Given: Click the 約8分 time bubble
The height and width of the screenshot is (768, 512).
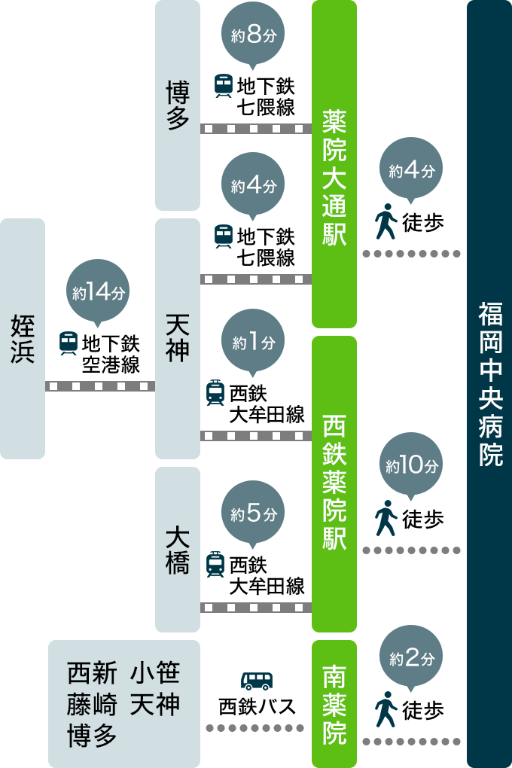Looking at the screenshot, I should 253,36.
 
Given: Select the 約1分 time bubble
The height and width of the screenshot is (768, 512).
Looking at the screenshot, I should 253,343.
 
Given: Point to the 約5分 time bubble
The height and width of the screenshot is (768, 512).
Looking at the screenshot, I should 253,514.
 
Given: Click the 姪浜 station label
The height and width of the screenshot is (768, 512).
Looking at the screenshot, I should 23,339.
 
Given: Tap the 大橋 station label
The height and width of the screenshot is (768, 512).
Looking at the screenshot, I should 177,550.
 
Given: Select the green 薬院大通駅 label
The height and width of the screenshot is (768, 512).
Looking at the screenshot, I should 334,177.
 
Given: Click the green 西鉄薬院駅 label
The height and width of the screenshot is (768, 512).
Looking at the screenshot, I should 334,482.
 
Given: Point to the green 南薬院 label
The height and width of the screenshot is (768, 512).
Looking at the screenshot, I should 334,704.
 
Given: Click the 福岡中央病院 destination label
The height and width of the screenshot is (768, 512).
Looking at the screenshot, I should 489,384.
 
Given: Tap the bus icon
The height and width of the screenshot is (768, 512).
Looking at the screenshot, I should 256,681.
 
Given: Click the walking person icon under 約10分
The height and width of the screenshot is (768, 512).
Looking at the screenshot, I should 386,518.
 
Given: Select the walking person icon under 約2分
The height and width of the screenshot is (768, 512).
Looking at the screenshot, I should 386,709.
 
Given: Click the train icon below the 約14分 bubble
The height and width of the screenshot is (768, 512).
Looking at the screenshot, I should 69,343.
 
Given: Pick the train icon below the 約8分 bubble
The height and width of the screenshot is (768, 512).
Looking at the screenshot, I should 224,85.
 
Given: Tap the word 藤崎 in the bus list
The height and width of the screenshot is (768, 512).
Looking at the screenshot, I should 93,705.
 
